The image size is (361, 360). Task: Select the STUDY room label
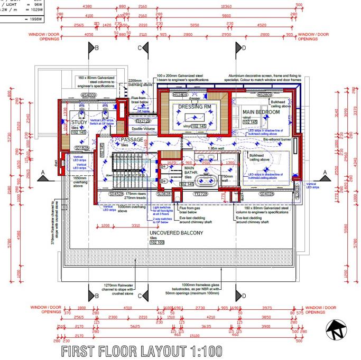[79, 122]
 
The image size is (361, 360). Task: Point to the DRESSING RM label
[195, 107]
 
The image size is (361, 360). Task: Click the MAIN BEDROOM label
[261, 112]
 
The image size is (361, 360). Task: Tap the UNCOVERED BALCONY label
[176, 233]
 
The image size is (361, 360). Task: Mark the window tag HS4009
[89, 96]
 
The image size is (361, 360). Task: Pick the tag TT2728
[201, 194]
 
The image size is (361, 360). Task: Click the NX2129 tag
[135, 121]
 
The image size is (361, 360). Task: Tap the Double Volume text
[143, 128]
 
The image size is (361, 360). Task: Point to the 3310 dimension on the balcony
[136, 225]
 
